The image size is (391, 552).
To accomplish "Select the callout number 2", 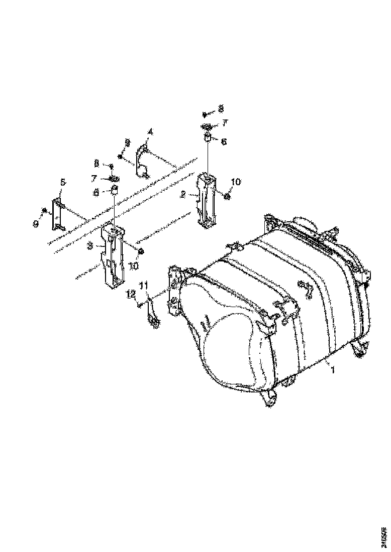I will point(184,193).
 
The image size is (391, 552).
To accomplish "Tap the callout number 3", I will point(89,246).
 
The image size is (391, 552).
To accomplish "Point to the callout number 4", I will point(150,132).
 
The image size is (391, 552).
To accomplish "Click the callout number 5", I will point(62,183).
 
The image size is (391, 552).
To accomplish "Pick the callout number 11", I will point(144,286).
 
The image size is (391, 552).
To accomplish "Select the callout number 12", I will point(130,293).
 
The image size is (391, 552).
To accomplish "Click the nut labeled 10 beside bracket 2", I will point(226,196).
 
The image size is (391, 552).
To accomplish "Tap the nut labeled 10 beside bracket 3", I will point(141,250).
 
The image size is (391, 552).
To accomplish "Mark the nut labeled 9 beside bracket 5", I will point(45,210).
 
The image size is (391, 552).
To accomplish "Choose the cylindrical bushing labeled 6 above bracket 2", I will point(207,138).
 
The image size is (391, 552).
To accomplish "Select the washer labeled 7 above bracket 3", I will point(114,178).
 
